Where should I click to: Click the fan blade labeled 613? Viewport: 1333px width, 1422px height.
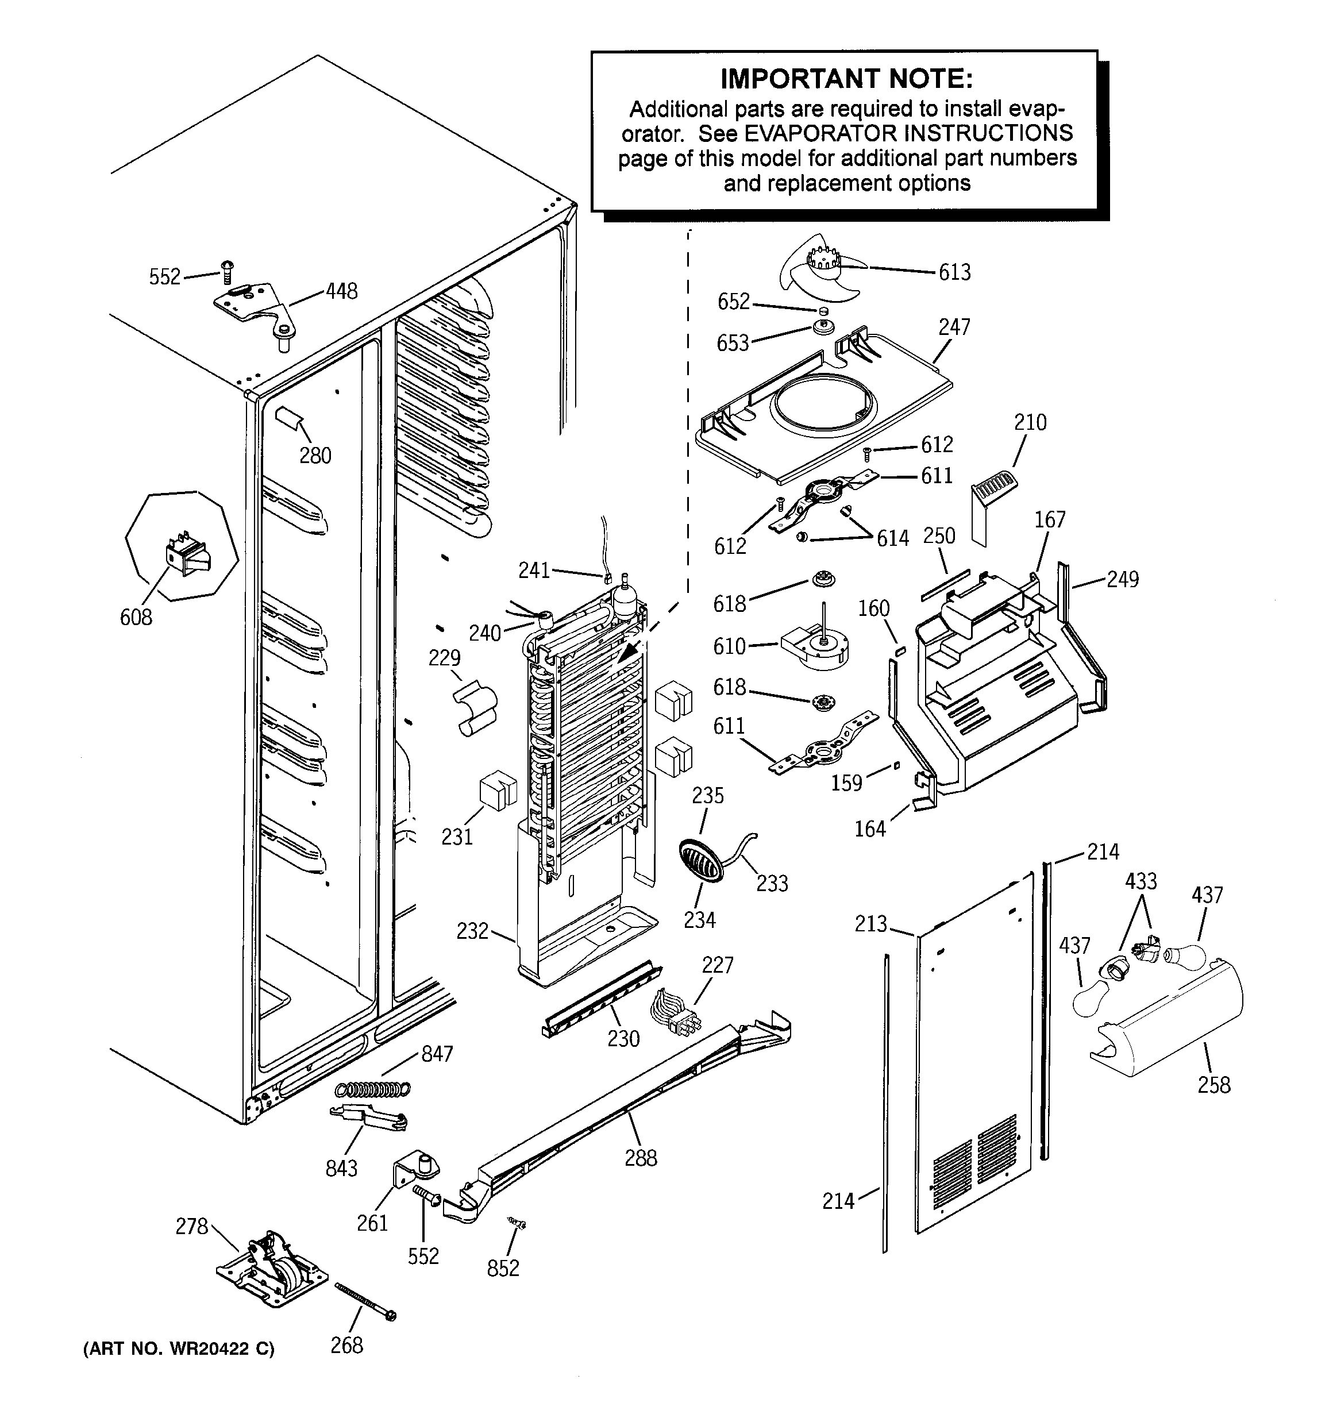click(x=823, y=268)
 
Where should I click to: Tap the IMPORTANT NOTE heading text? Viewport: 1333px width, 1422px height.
click(x=846, y=78)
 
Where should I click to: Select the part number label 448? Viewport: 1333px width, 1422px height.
click(x=341, y=291)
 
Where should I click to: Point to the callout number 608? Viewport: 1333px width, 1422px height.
click(x=136, y=616)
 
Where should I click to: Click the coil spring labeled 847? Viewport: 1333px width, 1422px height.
click(x=373, y=1089)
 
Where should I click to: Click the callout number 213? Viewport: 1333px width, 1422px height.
click(x=871, y=924)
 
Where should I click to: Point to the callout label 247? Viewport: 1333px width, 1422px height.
click(x=954, y=327)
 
